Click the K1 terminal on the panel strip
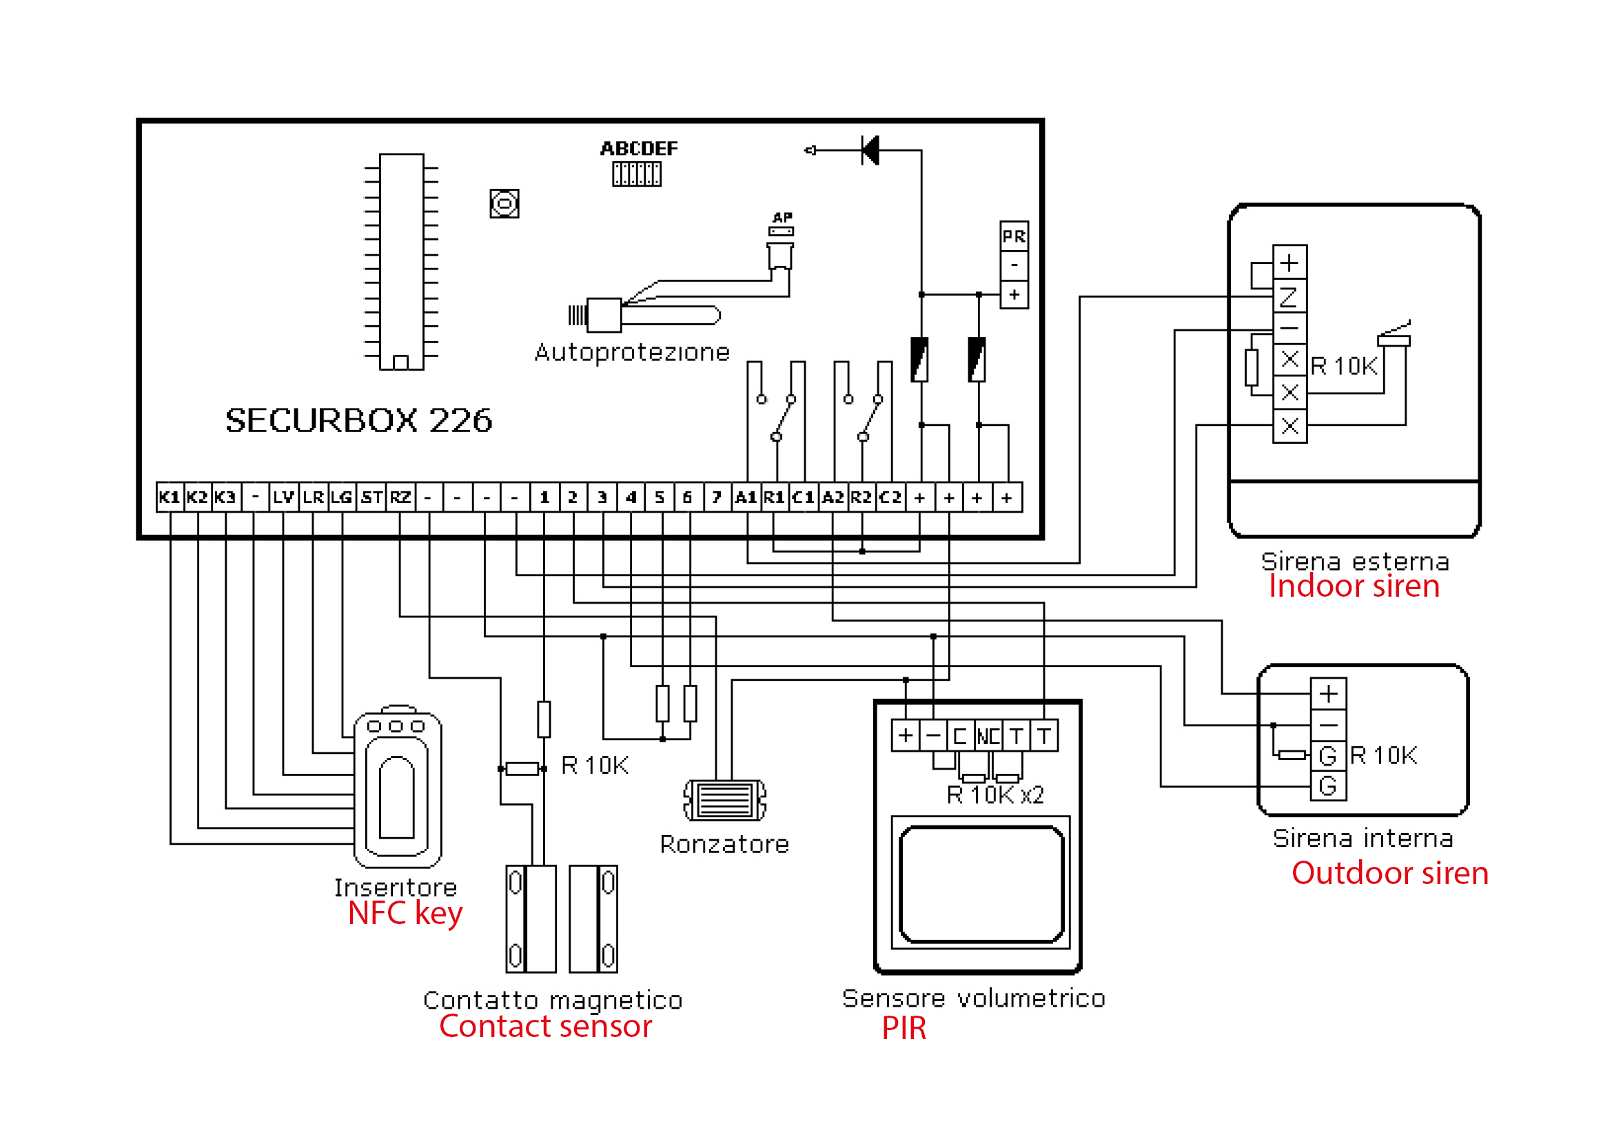click(170, 497)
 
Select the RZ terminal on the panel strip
click(401, 497)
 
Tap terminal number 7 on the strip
click(717, 497)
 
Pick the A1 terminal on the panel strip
click(746, 497)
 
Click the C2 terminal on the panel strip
click(890, 497)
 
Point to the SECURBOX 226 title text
click(359, 420)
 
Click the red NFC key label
click(405, 914)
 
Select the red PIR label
click(904, 1029)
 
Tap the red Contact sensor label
click(546, 1027)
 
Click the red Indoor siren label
click(1354, 586)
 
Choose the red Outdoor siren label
click(1390, 873)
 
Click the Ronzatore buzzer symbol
click(725, 800)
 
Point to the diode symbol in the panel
click(870, 150)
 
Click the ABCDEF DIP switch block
click(637, 174)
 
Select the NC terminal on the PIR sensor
click(988, 736)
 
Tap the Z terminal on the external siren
click(1289, 297)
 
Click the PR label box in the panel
click(1014, 236)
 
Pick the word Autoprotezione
click(633, 352)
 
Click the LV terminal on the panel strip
click(285, 497)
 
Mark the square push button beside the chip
click(504, 203)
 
